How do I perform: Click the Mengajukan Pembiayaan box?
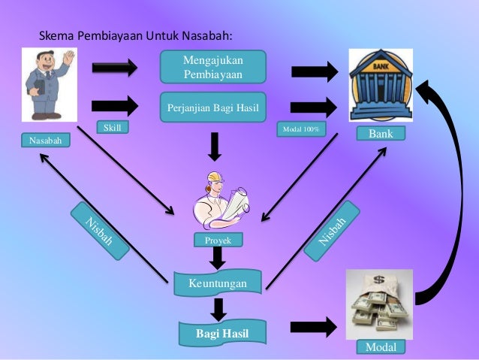click(212, 67)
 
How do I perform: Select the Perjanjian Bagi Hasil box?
click(212, 107)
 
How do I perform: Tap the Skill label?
click(112, 128)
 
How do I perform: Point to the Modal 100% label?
click(300, 129)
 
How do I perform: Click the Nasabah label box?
click(44, 141)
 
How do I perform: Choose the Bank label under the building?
click(381, 133)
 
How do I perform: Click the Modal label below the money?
click(381, 346)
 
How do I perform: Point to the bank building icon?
click(381, 84)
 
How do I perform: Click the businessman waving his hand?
click(48, 84)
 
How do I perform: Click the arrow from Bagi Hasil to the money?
click(313, 327)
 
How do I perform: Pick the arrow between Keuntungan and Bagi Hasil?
click(218, 308)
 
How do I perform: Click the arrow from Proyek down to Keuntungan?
click(218, 259)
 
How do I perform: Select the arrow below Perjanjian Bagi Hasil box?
click(215, 146)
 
